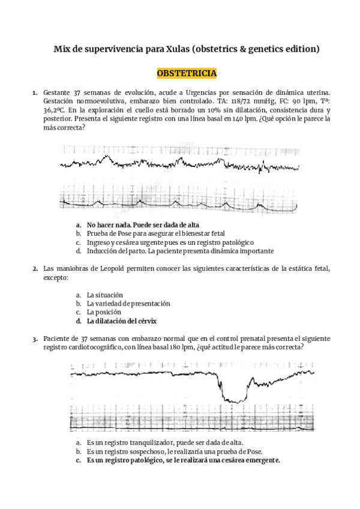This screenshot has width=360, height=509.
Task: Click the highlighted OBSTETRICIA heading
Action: point(187,74)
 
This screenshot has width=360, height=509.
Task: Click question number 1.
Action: point(35,93)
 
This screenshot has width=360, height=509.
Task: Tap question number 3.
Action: point(35,339)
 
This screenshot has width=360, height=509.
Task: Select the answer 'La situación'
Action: point(105,295)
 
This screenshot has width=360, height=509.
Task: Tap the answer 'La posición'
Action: point(104,312)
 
